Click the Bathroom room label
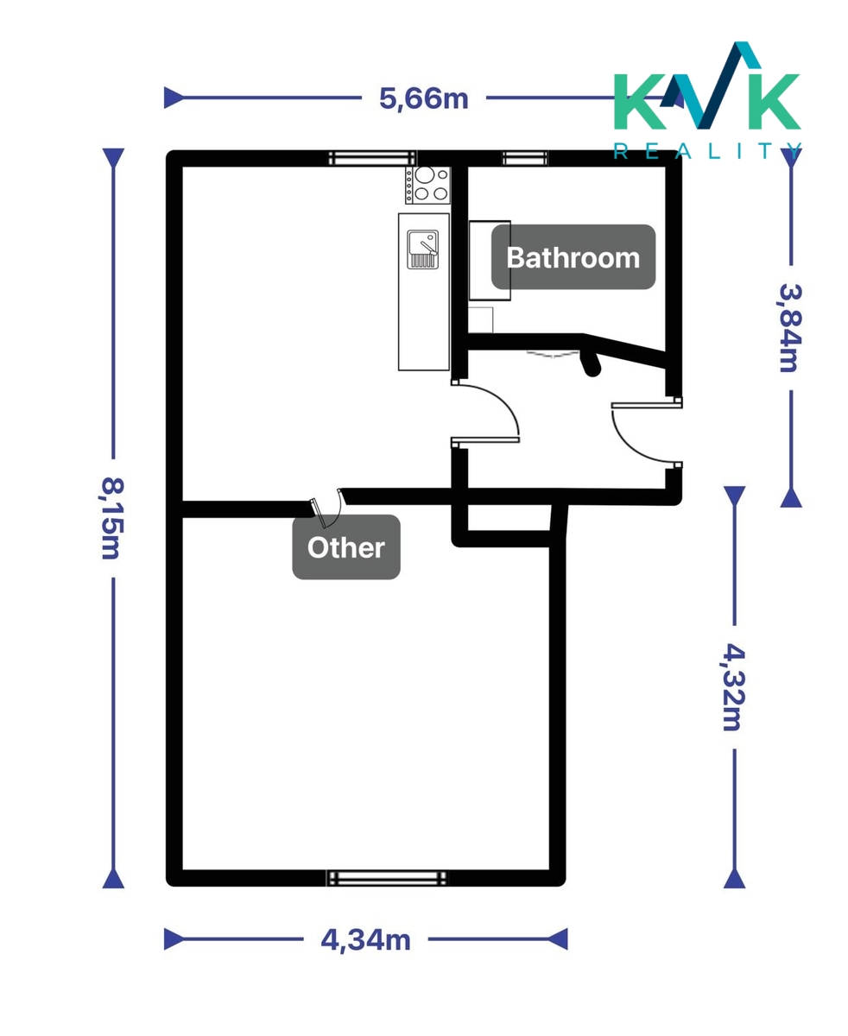tap(573, 257)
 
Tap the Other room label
tap(346, 546)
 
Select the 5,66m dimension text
tap(423, 98)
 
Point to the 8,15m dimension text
tap(113, 518)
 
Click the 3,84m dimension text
tap(791, 328)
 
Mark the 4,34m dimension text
tap(365, 939)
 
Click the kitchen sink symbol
tap(422, 250)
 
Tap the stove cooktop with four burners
tap(427, 185)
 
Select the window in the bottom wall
tap(387, 878)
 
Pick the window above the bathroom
tap(524, 158)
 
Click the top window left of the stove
tap(372, 158)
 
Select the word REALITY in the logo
tap(707, 151)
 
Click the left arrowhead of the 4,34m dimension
tap(173, 939)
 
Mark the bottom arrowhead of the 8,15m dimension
tap(113, 879)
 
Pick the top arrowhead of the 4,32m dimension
tap(735, 496)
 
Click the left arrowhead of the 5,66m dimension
tap(173, 98)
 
